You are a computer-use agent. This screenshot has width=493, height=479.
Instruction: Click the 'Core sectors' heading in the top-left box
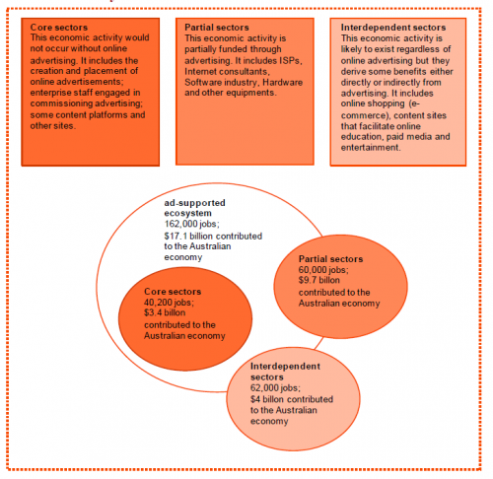click(x=59, y=28)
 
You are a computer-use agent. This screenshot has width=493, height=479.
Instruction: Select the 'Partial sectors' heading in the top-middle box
click(x=217, y=28)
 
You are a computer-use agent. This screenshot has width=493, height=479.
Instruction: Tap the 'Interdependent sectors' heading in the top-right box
click(x=393, y=28)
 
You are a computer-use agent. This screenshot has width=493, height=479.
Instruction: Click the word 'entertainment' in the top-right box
click(x=371, y=148)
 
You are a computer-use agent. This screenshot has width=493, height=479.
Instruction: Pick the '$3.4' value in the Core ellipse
click(x=153, y=312)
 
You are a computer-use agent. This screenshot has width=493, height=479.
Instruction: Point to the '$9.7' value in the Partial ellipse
click(x=308, y=280)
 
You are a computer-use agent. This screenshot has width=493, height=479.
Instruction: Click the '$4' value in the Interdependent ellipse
click(x=255, y=399)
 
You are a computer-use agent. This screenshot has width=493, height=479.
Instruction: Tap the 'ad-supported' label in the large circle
click(x=194, y=203)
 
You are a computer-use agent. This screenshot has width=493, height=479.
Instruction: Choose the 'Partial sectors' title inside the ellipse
click(x=330, y=259)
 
